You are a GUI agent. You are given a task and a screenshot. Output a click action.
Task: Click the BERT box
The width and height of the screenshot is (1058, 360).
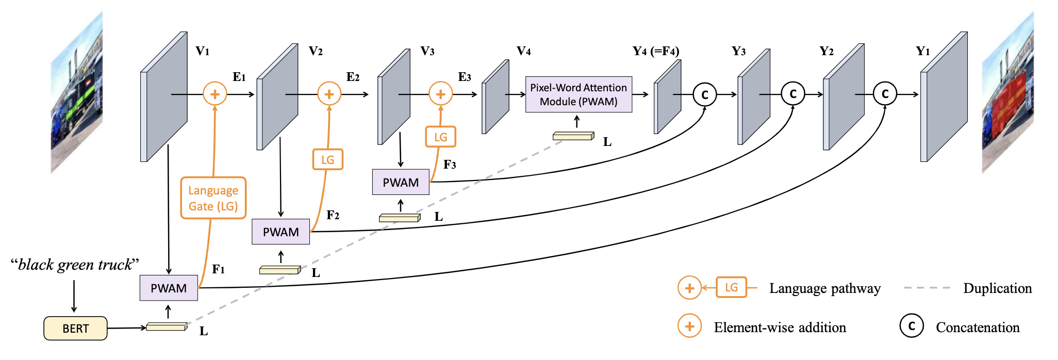(75, 329)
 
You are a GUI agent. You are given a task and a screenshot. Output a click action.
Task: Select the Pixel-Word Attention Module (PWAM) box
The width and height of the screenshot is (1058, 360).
(578, 94)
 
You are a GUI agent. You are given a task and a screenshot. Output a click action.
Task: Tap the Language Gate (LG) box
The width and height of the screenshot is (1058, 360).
(213, 198)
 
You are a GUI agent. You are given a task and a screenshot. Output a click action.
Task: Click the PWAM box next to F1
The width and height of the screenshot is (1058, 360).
(169, 288)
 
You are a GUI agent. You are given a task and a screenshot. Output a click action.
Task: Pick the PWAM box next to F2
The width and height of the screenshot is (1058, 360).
(280, 232)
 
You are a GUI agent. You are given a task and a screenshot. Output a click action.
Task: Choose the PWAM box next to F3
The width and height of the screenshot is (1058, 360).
(401, 182)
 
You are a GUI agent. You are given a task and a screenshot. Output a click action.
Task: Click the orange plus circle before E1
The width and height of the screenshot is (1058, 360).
(215, 94)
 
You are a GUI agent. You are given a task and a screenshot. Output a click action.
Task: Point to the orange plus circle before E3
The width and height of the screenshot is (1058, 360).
(440, 94)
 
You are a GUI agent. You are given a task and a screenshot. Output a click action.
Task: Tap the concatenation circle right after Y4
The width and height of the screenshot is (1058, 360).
(704, 94)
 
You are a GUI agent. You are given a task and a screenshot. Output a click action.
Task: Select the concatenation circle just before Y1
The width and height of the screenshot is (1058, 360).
(885, 94)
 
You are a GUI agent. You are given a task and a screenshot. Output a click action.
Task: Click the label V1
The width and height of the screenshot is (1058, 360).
(202, 51)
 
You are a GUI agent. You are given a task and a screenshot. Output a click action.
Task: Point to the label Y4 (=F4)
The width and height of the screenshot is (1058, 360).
(656, 51)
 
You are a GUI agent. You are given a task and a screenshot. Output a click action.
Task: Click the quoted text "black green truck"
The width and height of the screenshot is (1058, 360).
(75, 265)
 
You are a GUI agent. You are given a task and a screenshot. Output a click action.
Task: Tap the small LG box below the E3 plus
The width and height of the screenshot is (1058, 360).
(440, 137)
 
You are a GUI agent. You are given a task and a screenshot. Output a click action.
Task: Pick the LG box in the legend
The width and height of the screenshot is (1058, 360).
(731, 287)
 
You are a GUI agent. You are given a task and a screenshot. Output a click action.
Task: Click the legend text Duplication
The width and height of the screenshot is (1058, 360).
(997, 288)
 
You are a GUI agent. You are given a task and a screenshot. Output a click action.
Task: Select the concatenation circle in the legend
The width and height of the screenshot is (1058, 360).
(912, 326)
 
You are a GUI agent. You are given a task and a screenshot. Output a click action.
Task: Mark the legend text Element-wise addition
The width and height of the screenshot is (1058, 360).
(780, 328)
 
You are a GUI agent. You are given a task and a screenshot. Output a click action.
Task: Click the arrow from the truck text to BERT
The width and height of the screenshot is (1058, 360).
(74, 296)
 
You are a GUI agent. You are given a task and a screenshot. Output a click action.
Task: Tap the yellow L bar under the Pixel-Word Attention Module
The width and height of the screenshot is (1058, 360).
(573, 136)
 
